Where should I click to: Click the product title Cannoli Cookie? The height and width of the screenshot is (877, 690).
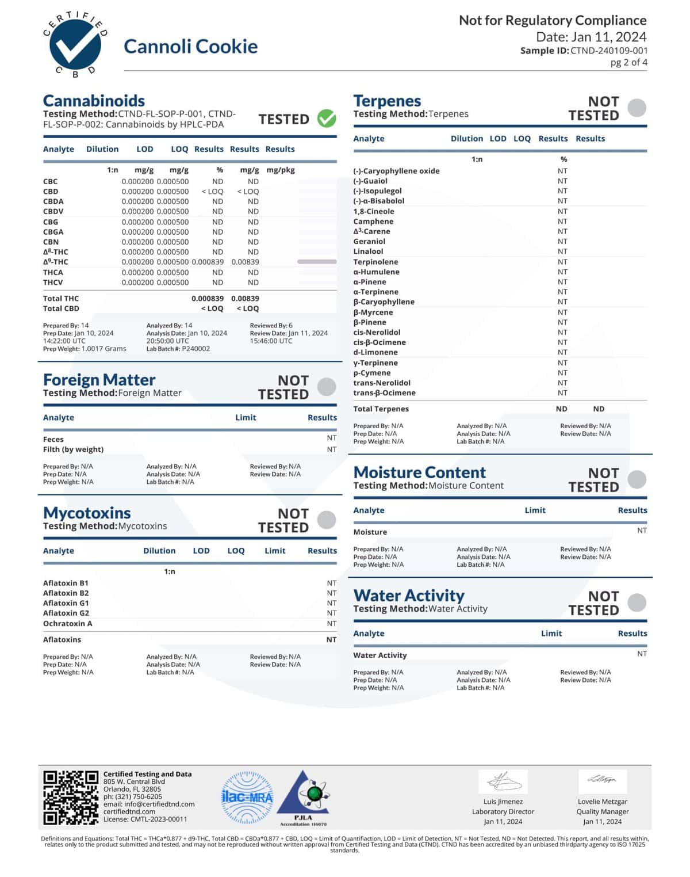click(x=190, y=47)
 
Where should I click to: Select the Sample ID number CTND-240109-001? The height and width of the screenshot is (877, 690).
click(x=609, y=51)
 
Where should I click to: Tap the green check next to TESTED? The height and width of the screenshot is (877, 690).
click(x=327, y=119)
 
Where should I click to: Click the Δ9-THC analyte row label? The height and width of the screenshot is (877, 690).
click(x=56, y=262)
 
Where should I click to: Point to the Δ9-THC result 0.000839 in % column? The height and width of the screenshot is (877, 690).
click(x=208, y=262)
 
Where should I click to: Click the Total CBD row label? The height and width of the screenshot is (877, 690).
click(x=61, y=308)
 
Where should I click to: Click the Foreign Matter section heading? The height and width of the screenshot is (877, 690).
click(x=99, y=380)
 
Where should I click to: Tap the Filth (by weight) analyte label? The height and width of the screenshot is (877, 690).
click(x=73, y=449)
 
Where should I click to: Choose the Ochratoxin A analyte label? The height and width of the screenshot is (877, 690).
click(x=67, y=624)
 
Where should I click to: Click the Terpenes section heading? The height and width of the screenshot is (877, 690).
click(x=387, y=101)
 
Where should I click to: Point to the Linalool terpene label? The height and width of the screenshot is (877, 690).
click(x=368, y=251)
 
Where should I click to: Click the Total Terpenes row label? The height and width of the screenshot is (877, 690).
click(x=381, y=409)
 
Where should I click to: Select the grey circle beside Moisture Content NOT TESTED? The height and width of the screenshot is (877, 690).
click(x=637, y=479)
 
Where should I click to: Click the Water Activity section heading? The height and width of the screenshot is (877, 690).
click(x=409, y=595)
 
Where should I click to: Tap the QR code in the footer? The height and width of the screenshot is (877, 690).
click(x=71, y=797)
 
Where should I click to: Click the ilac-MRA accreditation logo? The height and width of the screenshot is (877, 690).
click(x=247, y=798)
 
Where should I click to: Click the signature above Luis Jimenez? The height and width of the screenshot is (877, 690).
click(x=503, y=782)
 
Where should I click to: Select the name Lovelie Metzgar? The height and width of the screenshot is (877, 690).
click(x=602, y=802)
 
